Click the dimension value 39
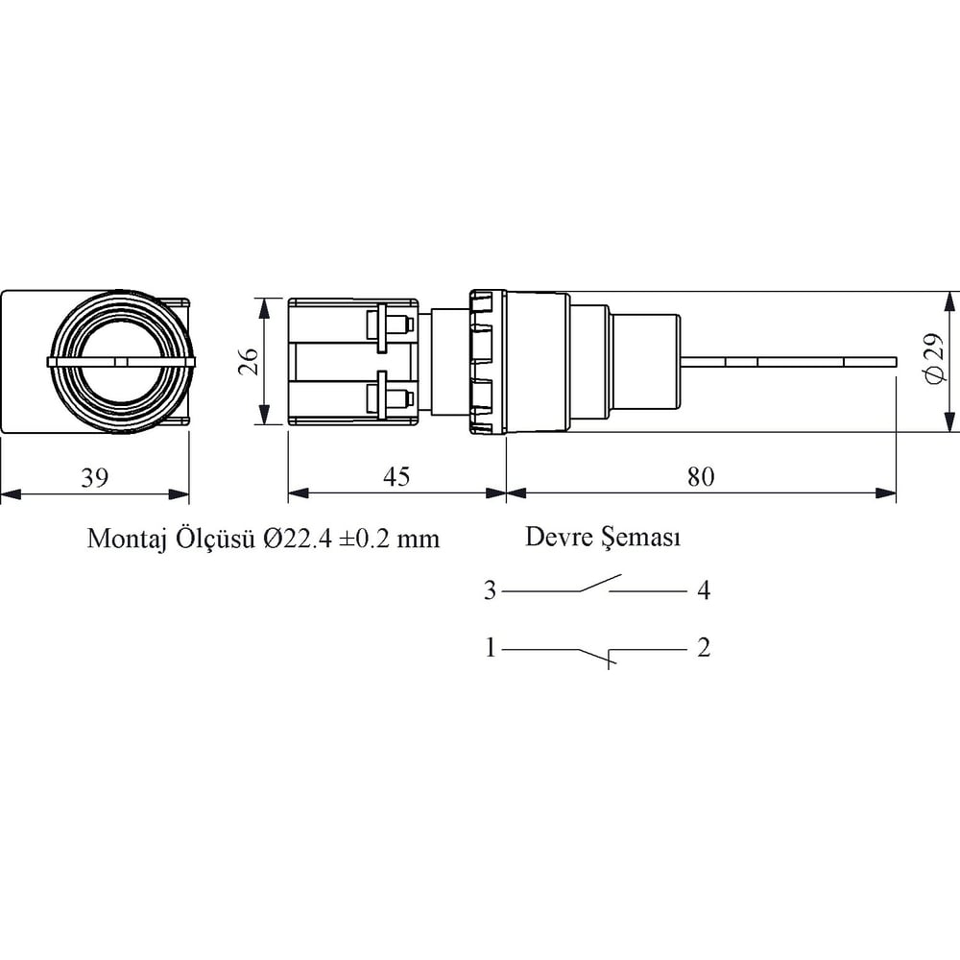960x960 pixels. point(95,477)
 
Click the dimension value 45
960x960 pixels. point(396,477)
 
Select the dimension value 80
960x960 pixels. point(701,477)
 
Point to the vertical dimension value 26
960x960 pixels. point(249,361)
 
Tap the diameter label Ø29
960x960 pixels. point(934,359)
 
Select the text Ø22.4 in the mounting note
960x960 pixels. point(298,540)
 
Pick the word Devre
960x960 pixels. point(557,537)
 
